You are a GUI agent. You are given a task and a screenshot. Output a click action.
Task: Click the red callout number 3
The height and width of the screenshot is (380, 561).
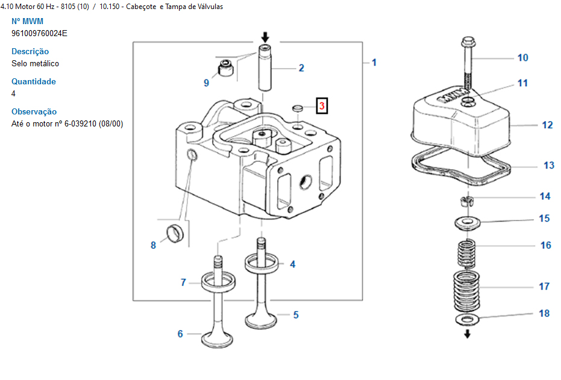click(x=322, y=106)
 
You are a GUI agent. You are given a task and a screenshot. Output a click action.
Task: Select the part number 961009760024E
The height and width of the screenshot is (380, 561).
click(x=39, y=33)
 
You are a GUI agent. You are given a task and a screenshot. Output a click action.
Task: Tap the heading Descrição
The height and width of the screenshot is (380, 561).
click(x=30, y=51)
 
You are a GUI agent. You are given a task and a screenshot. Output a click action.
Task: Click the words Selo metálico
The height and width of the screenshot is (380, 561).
click(x=35, y=64)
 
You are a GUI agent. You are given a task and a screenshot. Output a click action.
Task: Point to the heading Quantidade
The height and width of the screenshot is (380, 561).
click(x=34, y=81)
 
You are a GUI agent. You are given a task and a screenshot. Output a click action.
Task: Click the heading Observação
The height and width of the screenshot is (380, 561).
click(x=34, y=111)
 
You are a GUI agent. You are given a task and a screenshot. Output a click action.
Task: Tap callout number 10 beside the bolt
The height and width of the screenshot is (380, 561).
click(x=522, y=58)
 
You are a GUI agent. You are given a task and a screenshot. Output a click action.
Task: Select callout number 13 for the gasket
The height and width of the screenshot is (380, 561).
click(x=549, y=165)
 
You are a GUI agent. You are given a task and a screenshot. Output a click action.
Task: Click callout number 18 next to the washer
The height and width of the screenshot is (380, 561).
click(x=544, y=313)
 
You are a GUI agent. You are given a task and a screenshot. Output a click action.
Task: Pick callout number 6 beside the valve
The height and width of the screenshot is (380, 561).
click(x=180, y=334)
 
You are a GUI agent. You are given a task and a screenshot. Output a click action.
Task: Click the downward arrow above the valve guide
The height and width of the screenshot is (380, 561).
click(x=265, y=37)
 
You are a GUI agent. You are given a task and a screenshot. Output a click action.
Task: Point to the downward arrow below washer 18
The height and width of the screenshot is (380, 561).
click(x=467, y=334)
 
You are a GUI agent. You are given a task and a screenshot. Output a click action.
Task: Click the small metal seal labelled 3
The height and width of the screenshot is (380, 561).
click(x=298, y=108)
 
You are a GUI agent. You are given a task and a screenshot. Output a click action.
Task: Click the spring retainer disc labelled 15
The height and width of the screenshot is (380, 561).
click(x=467, y=223)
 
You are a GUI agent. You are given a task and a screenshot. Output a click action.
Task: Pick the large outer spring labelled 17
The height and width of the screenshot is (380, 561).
click(x=466, y=291)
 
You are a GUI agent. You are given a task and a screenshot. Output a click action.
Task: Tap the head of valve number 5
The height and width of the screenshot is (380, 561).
click(x=261, y=320)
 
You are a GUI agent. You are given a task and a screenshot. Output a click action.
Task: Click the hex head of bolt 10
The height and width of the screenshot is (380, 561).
click(x=469, y=43)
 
